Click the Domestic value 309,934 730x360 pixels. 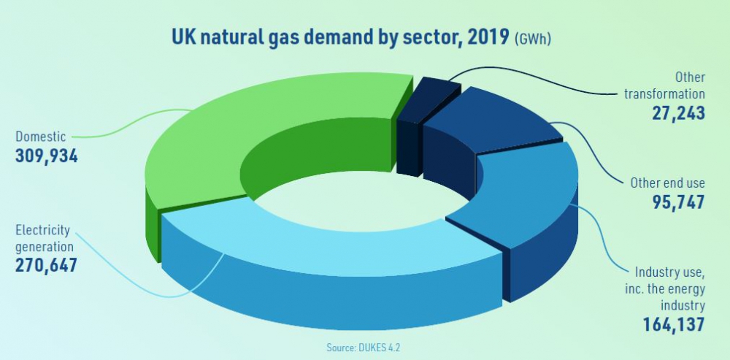(47, 156)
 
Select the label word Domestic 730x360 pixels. (40, 137)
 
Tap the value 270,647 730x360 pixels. (46, 265)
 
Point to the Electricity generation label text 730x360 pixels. (45, 238)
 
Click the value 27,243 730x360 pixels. (678, 113)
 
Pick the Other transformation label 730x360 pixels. (665, 85)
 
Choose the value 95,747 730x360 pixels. (678, 202)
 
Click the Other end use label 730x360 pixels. (668, 183)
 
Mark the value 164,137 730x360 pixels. (674, 325)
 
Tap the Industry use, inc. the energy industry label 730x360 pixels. (666, 288)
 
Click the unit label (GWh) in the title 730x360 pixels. (533, 39)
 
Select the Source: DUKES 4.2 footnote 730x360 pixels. (364, 348)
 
